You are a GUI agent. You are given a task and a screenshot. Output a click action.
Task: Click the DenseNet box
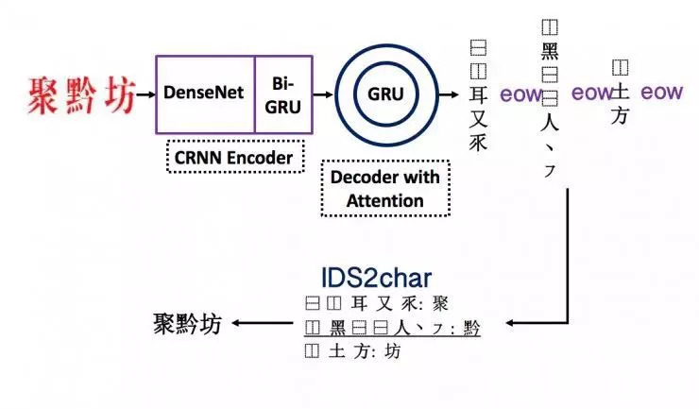(203, 94)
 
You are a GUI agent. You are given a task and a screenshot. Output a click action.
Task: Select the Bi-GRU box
(281, 94)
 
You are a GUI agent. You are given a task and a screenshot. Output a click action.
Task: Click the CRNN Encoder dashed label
(234, 157)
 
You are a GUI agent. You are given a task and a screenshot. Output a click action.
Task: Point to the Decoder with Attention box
(385, 188)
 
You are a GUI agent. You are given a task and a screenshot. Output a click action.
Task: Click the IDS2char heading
(377, 278)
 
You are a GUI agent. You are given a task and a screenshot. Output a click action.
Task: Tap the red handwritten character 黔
(83, 94)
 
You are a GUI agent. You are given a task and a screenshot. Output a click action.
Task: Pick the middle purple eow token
(592, 93)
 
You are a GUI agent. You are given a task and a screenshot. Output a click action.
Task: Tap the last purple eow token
(661, 93)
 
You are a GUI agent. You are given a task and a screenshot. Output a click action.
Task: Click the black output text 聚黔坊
(187, 323)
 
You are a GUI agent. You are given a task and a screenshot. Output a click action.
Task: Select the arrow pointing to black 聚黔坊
(262, 323)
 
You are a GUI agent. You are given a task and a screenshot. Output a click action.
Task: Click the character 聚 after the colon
(440, 303)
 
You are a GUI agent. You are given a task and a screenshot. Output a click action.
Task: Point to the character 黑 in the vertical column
(550, 52)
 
